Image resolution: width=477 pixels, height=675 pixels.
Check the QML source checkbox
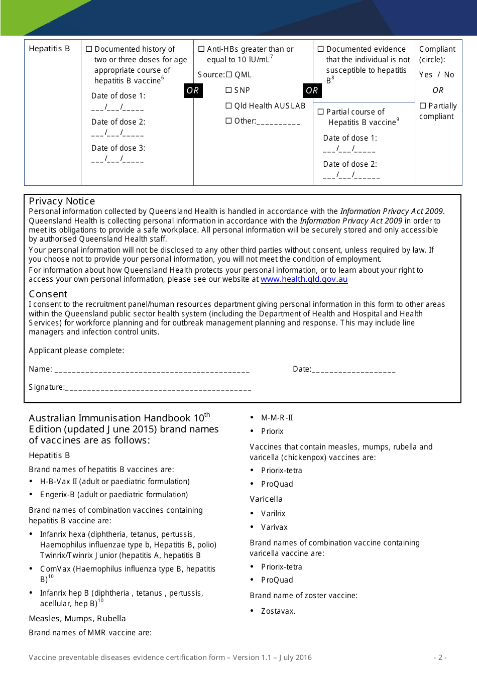[229, 75]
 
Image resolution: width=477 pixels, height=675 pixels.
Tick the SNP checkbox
[229, 90]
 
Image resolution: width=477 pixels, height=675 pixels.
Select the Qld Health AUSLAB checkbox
[229, 106]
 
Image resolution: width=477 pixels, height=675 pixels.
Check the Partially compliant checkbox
[423, 106]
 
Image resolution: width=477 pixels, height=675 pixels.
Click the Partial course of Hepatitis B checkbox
[321, 112]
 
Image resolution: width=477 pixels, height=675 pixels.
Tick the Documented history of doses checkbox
[89, 49]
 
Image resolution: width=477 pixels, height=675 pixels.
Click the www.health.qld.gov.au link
[304, 279]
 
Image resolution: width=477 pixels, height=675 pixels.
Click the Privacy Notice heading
[62, 201]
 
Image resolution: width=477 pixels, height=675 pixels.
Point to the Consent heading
[48, 294]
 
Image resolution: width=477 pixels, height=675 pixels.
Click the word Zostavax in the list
[278, 611]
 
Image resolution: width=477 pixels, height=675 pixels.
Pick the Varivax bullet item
[274, 527]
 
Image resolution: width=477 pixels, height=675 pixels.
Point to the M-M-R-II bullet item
[277, 418]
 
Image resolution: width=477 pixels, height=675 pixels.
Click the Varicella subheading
[266, 499]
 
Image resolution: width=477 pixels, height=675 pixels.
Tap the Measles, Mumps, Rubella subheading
[77, 619]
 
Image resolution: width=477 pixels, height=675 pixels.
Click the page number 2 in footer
[440, 657]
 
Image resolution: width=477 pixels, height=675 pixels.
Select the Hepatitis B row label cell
[49, 49]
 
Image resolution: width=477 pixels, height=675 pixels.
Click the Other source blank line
[278, 122]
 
